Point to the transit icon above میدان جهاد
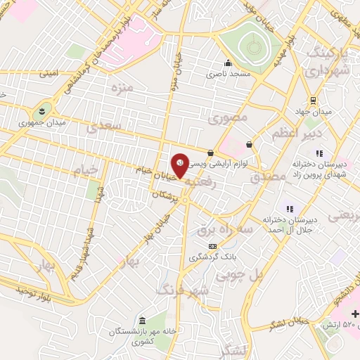click(x=312, y=100)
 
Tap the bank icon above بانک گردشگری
click(x=213, y=246)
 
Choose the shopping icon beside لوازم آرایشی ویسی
click(x=211, y=153)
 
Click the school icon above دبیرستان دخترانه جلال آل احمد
click(x=288, y=208)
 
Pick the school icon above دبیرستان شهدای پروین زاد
click(x=319, y=153)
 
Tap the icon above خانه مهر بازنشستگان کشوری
click(x=143, y=320)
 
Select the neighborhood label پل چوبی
click(x=259, y=276)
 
